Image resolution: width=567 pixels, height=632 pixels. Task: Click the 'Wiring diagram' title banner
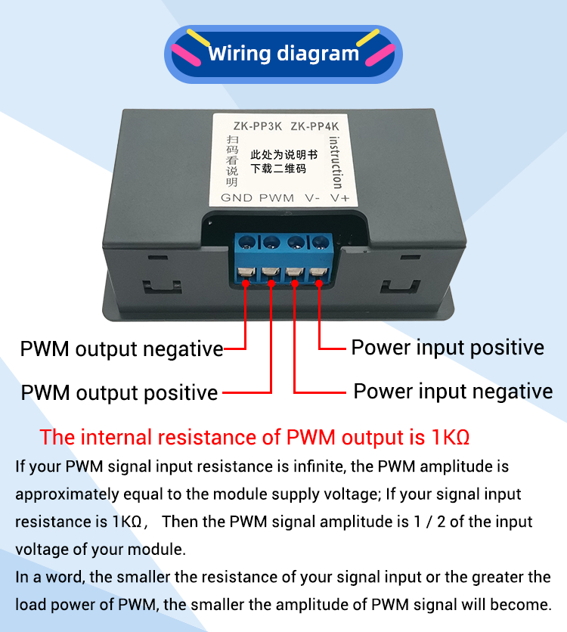click(283, 54)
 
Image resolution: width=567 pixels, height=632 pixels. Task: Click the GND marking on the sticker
click(236, 197)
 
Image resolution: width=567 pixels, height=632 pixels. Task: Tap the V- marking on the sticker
click(312, 197)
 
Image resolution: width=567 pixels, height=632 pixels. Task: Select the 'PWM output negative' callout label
click(122, 349)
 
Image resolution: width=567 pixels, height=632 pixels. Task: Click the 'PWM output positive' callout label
click(119, 393)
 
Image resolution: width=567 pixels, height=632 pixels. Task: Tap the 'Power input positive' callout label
click(448, 348)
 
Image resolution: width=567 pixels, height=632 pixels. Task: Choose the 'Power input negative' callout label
click(453, 392)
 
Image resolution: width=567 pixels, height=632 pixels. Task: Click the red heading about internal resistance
click(255, 438)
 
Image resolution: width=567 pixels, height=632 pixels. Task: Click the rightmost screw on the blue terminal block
click(318, 243)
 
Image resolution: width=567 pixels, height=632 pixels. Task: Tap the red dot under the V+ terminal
click(318, 283)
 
